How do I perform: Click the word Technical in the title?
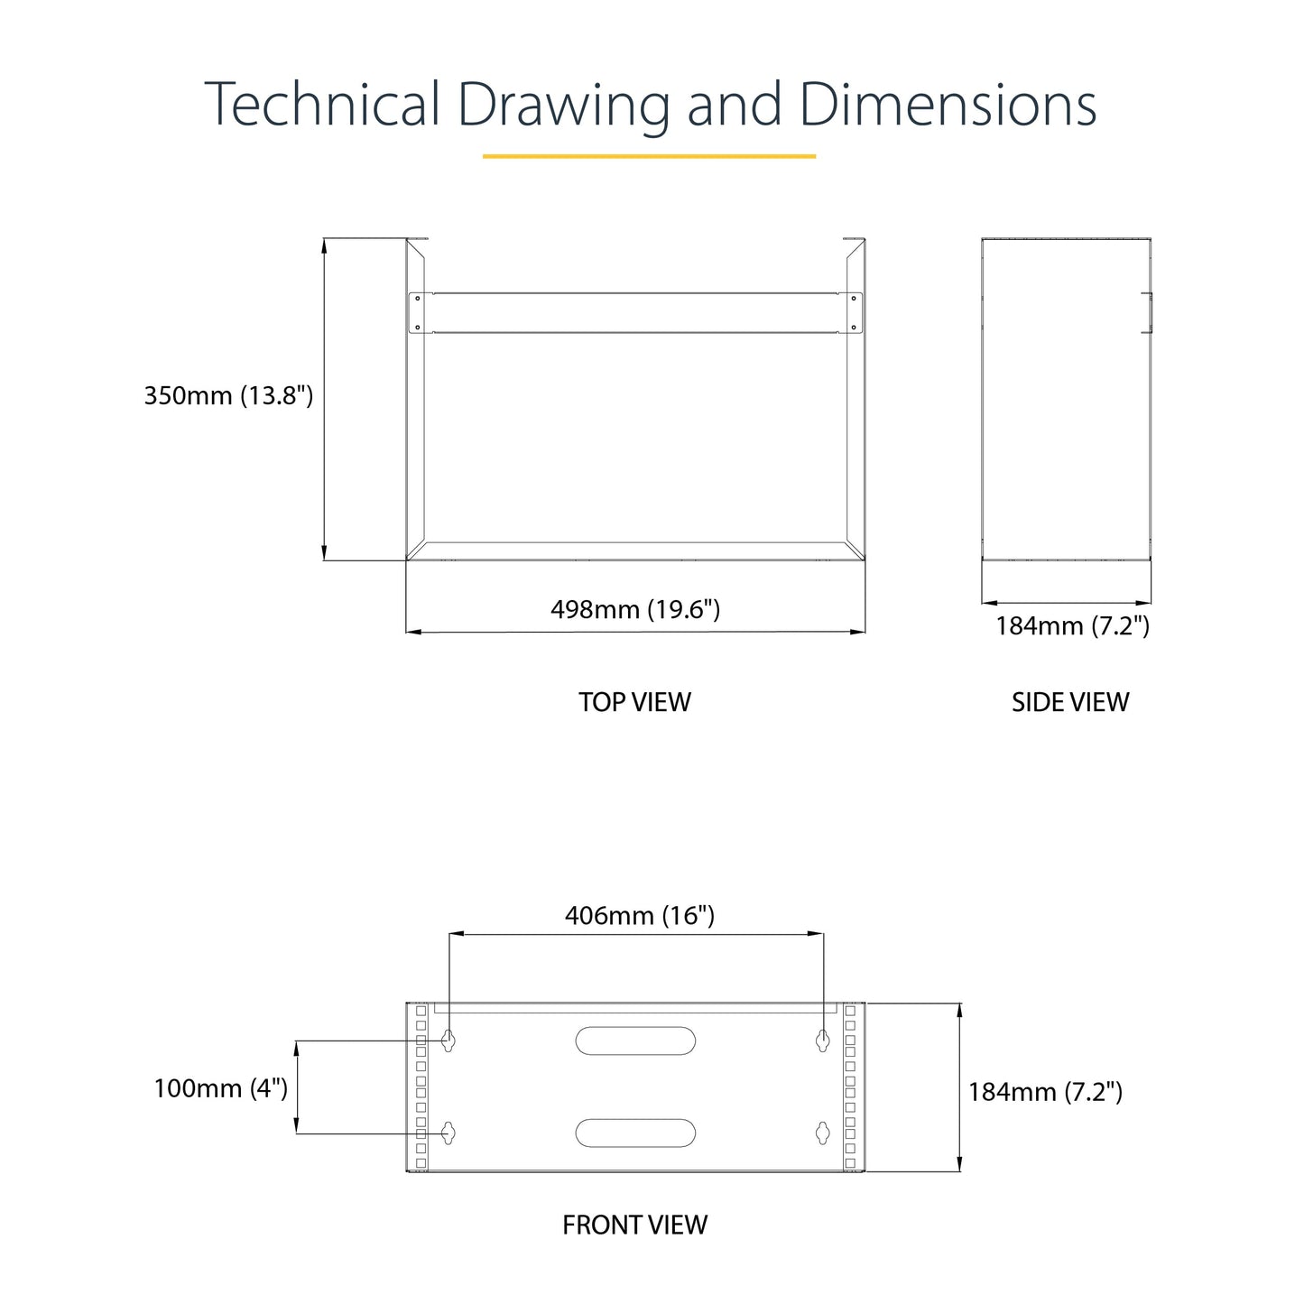click(322, 104)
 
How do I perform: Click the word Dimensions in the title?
click(948, 104)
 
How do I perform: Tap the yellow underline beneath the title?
click(649, 156)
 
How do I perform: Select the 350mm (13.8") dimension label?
click(228, 396)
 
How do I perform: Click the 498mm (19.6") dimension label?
click(635, 610)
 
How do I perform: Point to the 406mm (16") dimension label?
click(640, 916)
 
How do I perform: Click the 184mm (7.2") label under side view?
click(1073, 626)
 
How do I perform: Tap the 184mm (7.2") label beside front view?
click(1046, 1092)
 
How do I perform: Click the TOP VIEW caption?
click(634, 702)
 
